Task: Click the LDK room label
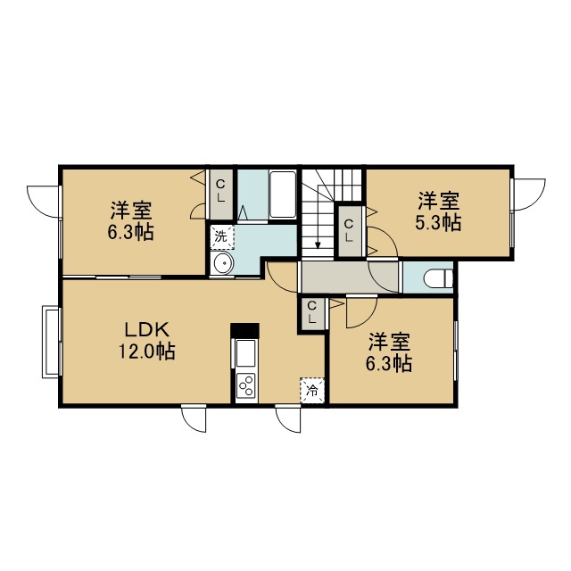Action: tap(147, 330)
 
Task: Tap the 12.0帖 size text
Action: tap(147, 352)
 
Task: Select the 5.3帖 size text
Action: tap(438, 222)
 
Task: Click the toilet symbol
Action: tap(438, 279)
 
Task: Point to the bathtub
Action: tap(283, 194)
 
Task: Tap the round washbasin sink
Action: tap(223, 263)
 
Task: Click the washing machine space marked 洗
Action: tap(222, 237)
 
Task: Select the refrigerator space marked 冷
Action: tap(312, 391)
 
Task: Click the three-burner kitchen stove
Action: tap(246, 388)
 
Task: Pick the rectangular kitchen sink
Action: tap(246, 353)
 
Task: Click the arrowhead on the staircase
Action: tap(318, 245)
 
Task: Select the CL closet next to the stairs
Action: tap(350, 231)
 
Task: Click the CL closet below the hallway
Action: tap(311, 311)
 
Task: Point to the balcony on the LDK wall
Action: tap(51, 342)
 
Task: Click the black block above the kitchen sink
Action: tap(244, 331)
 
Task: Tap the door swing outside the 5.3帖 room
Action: tap(528, 194)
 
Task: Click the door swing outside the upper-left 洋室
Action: tap(44, 202)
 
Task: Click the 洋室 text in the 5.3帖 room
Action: tap(438, 201)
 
